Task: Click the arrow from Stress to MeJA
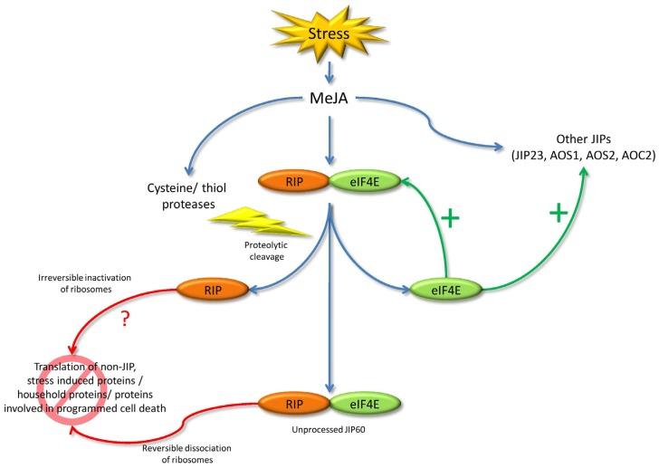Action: pyautogui.click(x=329, y=71)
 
